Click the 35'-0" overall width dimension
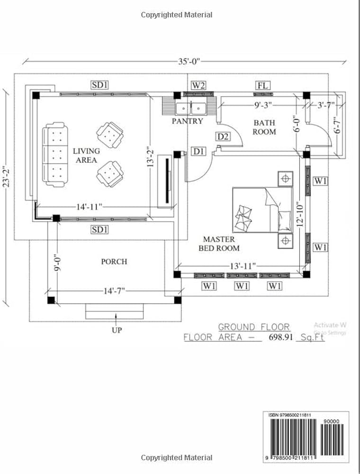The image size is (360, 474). click(x=189, y=61)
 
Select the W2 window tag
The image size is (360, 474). click(x=198, y=85)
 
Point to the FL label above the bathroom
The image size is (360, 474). click(x=263, y=85)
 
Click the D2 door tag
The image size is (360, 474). click(x=223, y=137)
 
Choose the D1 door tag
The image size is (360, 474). click(x=198, y=151)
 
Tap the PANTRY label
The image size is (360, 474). click(x=187, y=121)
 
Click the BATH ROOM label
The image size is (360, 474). click(x=264, y=128)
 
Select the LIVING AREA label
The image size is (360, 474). click(x=86, y=155)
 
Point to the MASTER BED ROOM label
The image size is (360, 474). click(x=218, y=244)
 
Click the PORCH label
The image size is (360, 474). click(x=114, y=262)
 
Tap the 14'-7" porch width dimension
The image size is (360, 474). click(x=113, y=290)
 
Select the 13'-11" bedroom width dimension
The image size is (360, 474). click(x=243, y=266)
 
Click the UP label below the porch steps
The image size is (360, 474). click(x=116, y=330)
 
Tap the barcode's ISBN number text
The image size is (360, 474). click(x=290, y=415)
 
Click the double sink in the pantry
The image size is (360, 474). click(x=190, y=109)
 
